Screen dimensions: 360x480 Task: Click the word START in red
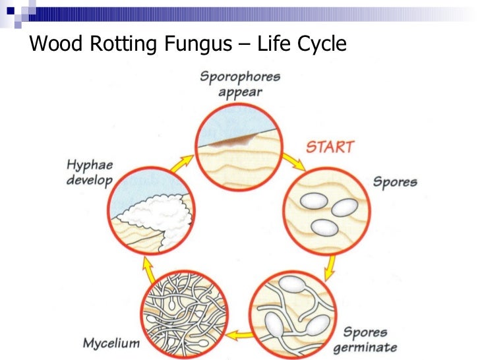[x=330, y=146]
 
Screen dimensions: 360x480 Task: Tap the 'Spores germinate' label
[x=370, y=340]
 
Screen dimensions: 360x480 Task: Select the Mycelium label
[x=111, y=343]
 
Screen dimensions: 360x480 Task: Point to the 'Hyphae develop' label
[x=90, y=173]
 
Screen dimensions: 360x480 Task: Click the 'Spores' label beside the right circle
[x=395, y=181]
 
